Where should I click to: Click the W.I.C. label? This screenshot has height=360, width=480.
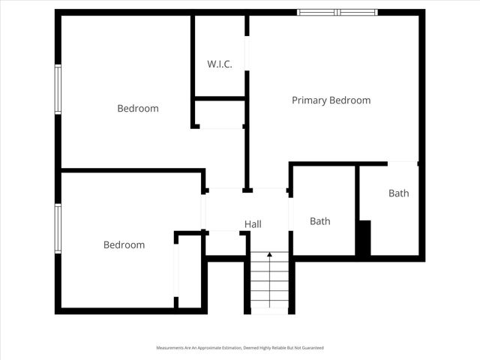[220, 64]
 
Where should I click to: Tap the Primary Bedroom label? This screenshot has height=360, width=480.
[331, 100]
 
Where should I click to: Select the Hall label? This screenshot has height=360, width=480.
[253, 224]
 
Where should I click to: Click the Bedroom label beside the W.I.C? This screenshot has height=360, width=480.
[138, 109]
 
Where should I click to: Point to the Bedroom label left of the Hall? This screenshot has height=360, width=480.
[124, 245]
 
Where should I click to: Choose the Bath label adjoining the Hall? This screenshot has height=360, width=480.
[320, 221]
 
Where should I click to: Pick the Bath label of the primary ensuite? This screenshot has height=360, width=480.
[399, 193]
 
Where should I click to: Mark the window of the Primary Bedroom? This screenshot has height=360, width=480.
[337, 12]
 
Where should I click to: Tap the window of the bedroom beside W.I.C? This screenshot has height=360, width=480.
[57, 89]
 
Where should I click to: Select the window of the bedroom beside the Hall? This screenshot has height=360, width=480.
[57, 228]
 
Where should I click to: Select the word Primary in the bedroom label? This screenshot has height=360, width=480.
[308, 100]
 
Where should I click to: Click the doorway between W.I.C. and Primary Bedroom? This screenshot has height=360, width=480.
[247, 52]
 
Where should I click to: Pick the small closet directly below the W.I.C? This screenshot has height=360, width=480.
[220, 114]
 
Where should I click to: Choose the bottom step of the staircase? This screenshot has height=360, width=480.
[269, 307]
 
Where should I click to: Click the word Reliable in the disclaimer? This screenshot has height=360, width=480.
[269, 349]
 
